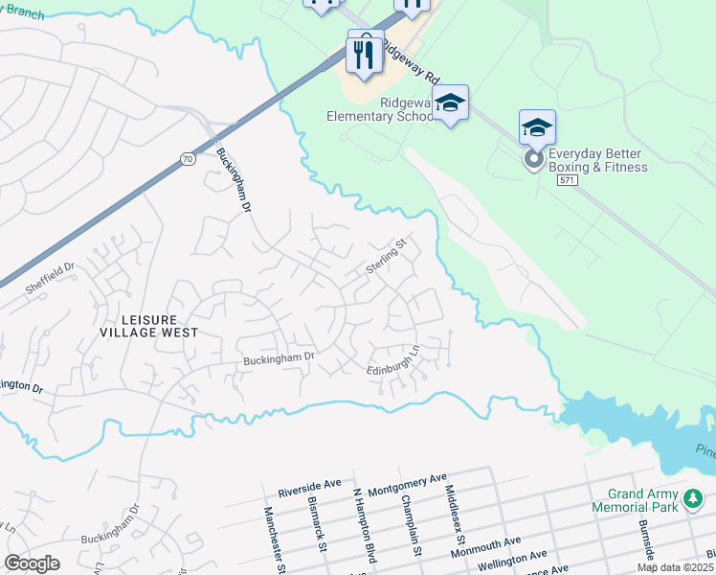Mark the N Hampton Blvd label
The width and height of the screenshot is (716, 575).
pos(366,526)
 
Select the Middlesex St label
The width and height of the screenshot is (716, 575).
pos(451,512)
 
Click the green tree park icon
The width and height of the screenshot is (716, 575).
pos(691,498)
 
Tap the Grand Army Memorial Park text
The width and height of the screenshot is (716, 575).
pos(635,499)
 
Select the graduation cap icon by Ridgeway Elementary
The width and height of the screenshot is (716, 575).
pos(450,102)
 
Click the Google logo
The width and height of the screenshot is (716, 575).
pos(32,563)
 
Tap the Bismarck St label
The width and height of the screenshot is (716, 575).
pos(318,524)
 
